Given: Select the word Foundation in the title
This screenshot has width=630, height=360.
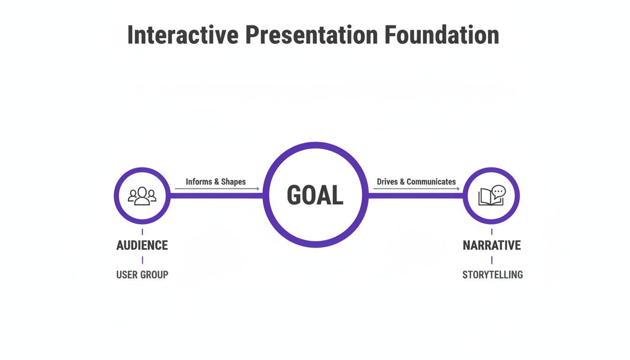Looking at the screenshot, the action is pyautogui.click(x=442, y=35).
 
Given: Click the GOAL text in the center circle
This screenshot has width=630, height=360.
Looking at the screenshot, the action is pyautogui.click(x=315, y=195).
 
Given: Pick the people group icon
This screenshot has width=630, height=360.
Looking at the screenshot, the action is pyautogui.click(x=142, y=196).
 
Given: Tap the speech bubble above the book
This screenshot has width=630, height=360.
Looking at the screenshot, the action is pyautogui.click(x=499, y=191).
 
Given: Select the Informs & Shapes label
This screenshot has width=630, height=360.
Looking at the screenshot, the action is pyautogui.click(x=216, y=181).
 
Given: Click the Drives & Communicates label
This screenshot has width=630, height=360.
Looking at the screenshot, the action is pyautogui.click(x=416, y=181).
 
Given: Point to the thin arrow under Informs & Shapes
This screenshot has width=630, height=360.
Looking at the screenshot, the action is pyautogui.click(x=217, y=189).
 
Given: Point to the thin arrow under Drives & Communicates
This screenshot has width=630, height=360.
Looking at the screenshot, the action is pyautogui.click(x=416, y=189).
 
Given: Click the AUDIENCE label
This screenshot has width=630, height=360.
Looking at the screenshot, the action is pyautogui.click(x=142, y=245).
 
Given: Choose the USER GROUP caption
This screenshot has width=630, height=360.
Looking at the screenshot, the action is pyautogui.click(x=142, y=275).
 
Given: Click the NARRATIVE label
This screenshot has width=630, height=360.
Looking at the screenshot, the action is pyautogui.click(x=492, y=245).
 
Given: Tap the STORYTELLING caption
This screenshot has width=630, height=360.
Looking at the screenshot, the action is pyautogui.click(x=493, y=275).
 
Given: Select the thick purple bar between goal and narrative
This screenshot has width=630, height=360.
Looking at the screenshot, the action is pyautogui.click(x=415, y=195).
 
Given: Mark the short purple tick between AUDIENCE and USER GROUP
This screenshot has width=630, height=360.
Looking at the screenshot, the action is pyautogui.click(x=142, y=260).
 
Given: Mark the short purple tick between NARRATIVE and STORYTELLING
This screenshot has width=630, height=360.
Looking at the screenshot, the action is pyautogui.click(x=492, y=260).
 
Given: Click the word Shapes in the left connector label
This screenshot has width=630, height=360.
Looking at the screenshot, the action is pyautogui.click(x=233, y=181).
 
